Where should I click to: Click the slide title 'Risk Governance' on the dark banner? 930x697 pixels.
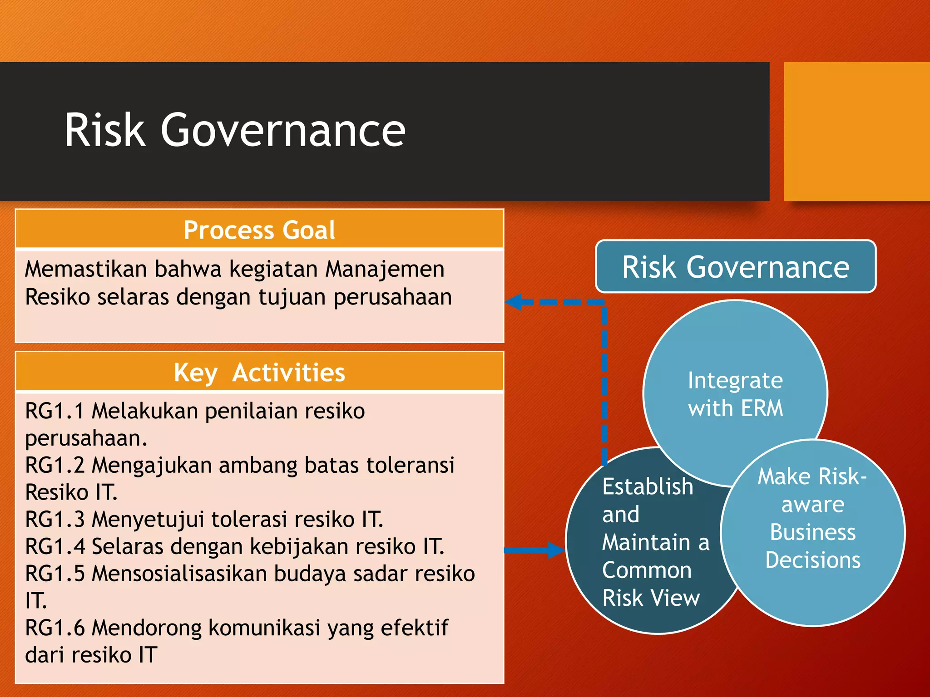[x=235, y=130]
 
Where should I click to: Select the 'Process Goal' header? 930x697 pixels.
[x=259, y=230]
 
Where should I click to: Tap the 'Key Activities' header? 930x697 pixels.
[x=259, y=373]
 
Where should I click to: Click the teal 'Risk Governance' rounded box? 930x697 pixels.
[x=735, y=267]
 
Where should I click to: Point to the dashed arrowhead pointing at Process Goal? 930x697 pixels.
[x=513, y=302]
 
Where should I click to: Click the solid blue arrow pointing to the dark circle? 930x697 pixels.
[x=536, y=550]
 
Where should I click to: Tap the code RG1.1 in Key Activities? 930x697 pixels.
[x=54, y=411]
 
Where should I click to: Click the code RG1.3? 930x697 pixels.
[x=54, y=520]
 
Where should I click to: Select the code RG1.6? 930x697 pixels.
[x=54, y=628]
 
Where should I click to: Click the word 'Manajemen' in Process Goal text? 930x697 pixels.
[x=385, y=269]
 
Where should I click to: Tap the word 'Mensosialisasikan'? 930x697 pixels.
[x=179, y=574]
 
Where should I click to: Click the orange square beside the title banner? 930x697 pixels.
[x=856, y=132]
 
